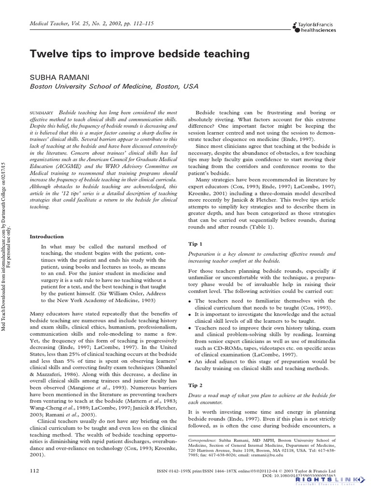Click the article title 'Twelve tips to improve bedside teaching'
tap(140, 54)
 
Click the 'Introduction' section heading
tap(47, 236)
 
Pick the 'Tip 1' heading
tap(195, 244)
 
